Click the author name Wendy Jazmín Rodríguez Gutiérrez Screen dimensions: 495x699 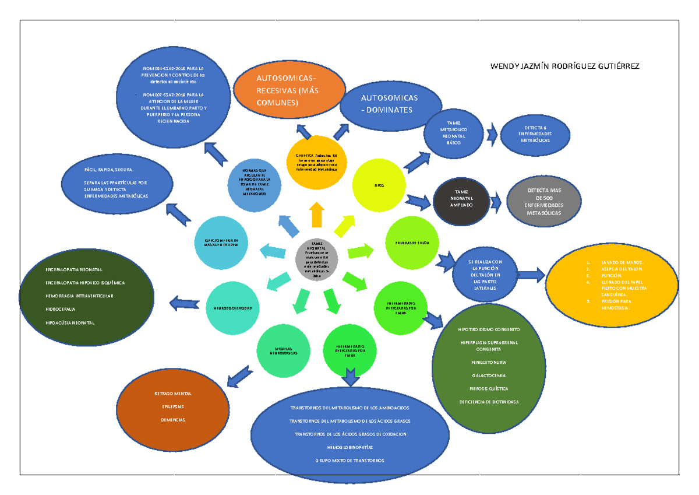pyautogui.click(x=565, y=66)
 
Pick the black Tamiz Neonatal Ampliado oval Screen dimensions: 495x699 pyautogui.click(x=461, y=199)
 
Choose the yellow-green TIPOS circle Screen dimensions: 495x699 pyautogui.click(x=379, y=185)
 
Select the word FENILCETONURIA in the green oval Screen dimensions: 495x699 pyautogui.click(x=489, y=362)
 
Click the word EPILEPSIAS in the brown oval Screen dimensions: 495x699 pyautogui.click(x=173, y=406)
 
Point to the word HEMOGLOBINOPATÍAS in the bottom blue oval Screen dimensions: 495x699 pyautogui.click(x=349, y=447)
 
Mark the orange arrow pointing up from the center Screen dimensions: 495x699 pyautogui.click(x=317, y=215)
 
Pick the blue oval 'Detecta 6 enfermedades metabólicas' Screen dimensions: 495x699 pyautogui.click(x=534, y=134)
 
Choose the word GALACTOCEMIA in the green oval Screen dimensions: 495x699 pyautogui.click(x=489, y=375)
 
